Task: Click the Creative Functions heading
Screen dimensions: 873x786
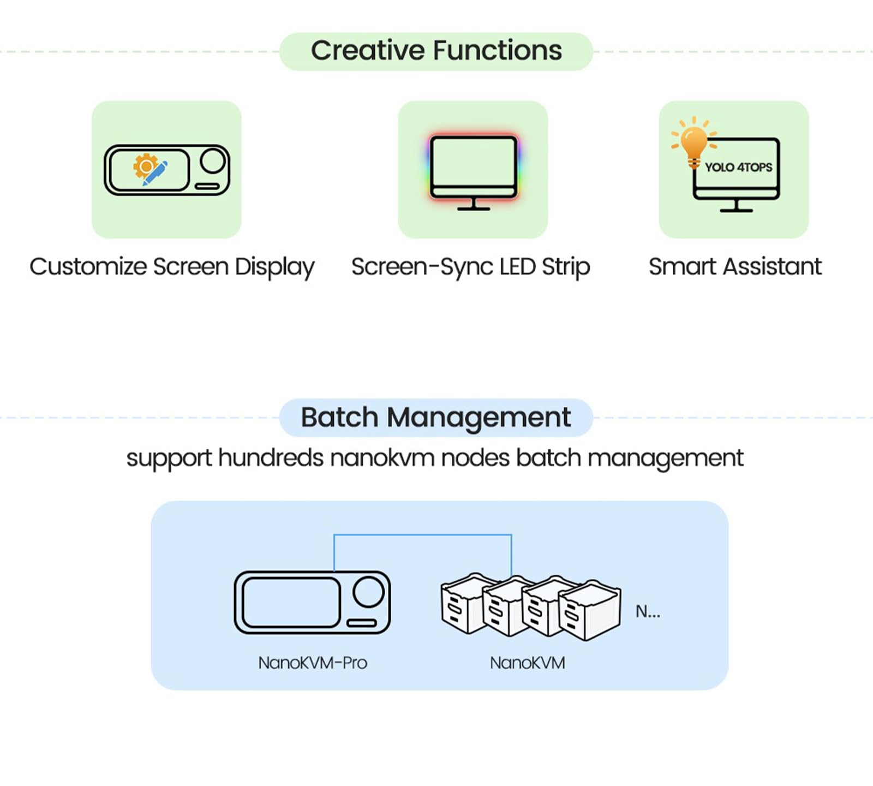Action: [436, 51]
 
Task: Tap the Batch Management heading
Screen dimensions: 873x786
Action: [436, 418]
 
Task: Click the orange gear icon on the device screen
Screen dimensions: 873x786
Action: [145, 166]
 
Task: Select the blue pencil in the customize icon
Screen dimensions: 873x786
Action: [155, 174]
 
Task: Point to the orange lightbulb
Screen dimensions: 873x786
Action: [693, 142]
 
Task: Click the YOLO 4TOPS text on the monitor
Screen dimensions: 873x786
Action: [739, 167]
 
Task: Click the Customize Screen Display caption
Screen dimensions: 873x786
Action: [172, 267]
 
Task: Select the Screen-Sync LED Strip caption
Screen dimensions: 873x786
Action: [471, 267]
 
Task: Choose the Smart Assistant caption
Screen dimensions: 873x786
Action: [735, 267]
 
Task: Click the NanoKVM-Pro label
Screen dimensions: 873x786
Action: [313, 663]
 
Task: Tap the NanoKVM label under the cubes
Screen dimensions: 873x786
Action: [527, 663]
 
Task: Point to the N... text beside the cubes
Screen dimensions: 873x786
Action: [648, 611]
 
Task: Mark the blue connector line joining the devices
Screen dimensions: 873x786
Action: [423, 535]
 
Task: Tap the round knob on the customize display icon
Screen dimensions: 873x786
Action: [213, 161]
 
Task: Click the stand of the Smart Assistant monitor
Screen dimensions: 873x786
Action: [736, 206]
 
